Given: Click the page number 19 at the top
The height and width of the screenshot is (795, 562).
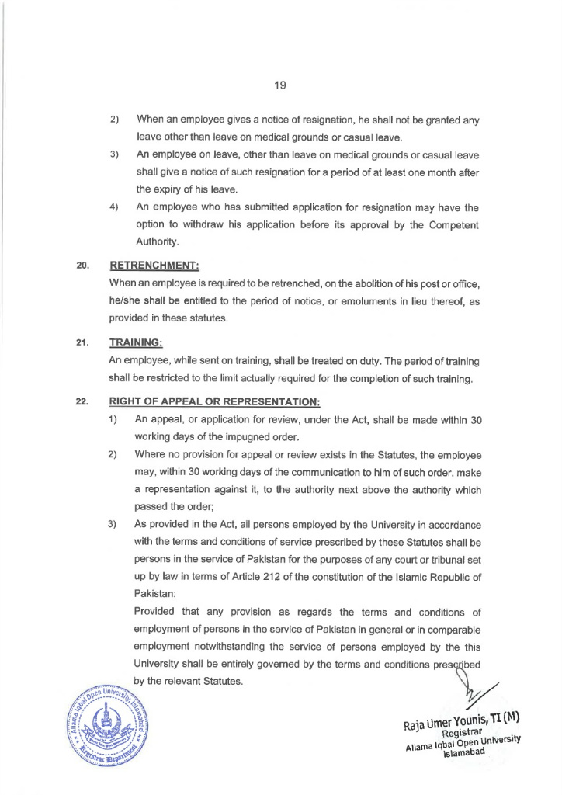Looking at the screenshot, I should click(280, 86).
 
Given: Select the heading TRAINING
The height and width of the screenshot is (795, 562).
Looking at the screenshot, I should click(137, 342).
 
